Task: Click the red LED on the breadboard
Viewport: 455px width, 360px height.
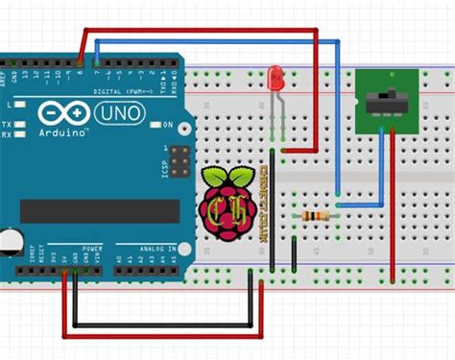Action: pos(276,76)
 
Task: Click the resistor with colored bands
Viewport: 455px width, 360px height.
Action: pos(314,216)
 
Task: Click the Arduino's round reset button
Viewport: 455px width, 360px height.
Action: pos(8,241)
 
